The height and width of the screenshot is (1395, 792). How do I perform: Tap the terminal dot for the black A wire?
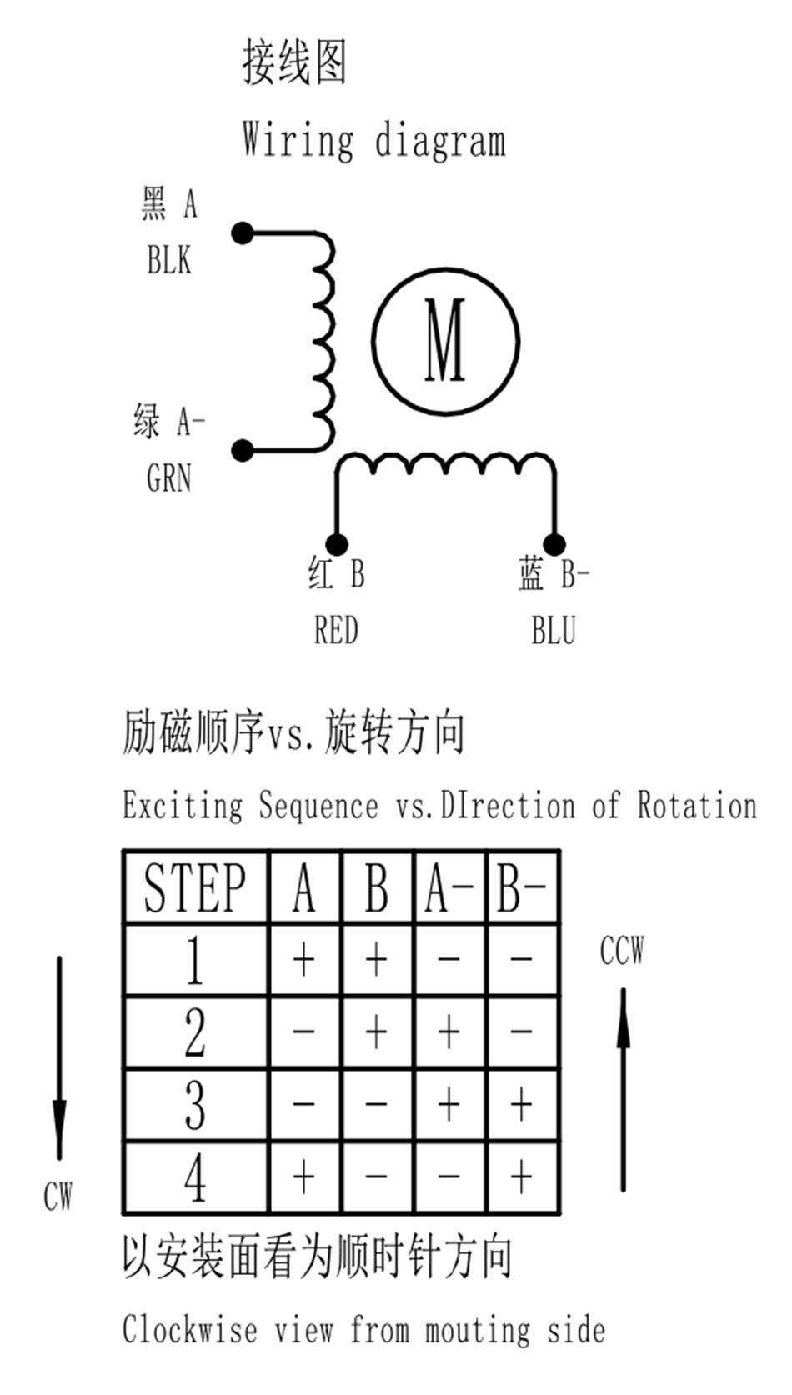tap(243, 232)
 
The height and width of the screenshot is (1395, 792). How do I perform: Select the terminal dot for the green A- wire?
tap(243, 450)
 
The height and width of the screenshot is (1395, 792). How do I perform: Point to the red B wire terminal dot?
tap(337, 544)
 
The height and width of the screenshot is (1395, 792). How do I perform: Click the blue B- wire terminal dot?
tap(554, 544)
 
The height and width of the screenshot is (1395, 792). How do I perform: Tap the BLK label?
tap(169, 259)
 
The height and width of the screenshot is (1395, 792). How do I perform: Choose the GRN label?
tap(169, 478)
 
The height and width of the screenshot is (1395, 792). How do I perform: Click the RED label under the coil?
tap(336, 630)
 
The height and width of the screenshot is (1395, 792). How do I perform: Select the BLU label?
tap(554, 630)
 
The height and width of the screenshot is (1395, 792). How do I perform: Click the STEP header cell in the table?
tap(196, 887)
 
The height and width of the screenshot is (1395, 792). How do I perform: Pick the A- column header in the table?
tap(449, 887)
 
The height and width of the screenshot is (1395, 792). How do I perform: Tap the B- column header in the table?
tap(523, 887)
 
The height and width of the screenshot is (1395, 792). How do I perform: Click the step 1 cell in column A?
tap(304, 960)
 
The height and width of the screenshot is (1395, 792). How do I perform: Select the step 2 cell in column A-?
tap(449, 1032)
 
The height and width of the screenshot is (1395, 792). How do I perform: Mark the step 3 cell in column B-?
tap(523, 1104)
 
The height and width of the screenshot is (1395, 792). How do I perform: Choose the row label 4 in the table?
tap(195, 1177)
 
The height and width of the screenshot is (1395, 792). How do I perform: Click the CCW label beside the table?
tap(622, 950)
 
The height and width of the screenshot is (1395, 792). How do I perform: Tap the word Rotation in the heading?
tap(697, 805)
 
